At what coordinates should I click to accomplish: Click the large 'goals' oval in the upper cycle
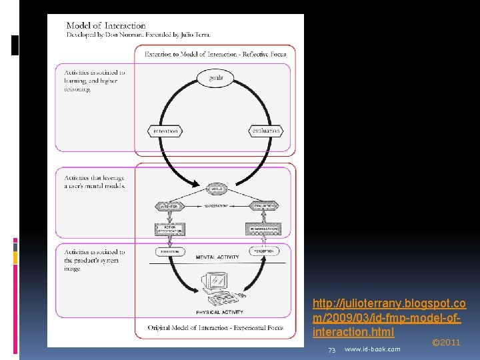coord(215,78)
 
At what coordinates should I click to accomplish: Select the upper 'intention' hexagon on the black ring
coord(166,131)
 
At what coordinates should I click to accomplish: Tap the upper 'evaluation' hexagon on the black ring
coord(265,131)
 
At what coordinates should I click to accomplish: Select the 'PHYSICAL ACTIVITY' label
coord(219,311)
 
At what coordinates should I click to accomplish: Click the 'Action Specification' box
coord(169,229)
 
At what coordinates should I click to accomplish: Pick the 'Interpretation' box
coord(264,229)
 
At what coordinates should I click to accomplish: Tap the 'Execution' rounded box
coord(169,251)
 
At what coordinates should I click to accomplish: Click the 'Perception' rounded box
coord(265,251)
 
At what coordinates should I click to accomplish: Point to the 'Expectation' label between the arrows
coord(216,207)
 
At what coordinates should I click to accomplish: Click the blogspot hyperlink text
coord(389,317)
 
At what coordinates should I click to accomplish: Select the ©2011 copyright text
coord(446,342)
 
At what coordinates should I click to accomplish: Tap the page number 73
coord(331,349)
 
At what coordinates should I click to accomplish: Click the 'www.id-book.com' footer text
coord(372,349)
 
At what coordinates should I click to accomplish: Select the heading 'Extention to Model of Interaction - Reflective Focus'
coord(216,54)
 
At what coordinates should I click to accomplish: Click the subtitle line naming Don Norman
coord(139,34)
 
